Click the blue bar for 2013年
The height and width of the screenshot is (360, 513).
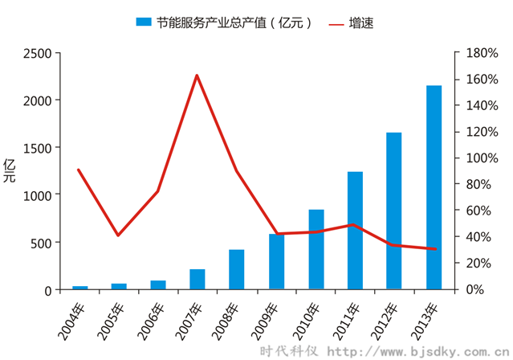pos(434,187)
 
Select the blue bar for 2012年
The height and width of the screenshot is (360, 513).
pos(394,211)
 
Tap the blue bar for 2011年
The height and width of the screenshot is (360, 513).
pos(355,231)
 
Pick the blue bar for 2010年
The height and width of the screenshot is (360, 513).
pos(316,249)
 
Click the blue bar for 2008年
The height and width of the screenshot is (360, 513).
pos(237,269)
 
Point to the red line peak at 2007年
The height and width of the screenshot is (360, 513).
pos(197,76)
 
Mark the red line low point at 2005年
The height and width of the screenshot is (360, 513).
pos(118,235)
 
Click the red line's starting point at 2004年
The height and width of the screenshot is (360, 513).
pos(79,170)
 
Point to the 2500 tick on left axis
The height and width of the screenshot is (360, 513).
pos(36,53)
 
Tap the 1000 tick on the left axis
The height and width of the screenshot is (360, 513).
pos(36,195)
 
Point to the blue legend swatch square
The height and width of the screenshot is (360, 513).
pos(144,23)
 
